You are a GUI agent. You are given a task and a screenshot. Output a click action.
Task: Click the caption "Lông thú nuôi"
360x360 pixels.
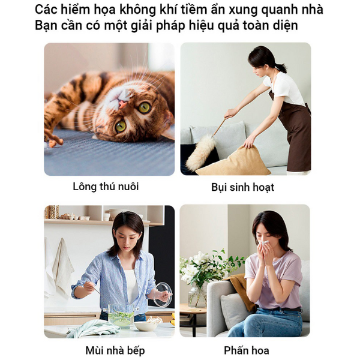click(x=106, y=187)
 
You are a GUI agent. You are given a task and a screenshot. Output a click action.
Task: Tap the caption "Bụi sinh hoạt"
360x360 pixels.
click(x=242, y=187)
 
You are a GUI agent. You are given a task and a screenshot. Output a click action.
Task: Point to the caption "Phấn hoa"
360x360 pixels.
click(x=246, y=350)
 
